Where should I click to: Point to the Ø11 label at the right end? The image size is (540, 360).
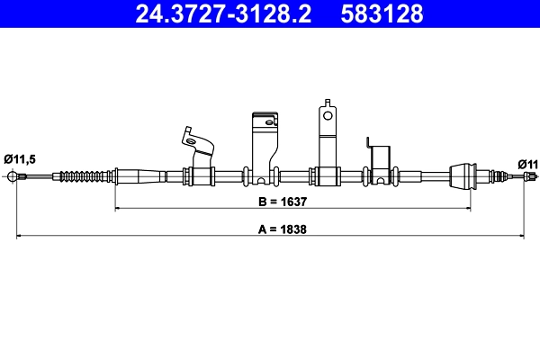click(x=527, y=163)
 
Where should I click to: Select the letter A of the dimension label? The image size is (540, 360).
click(x=263, y=229)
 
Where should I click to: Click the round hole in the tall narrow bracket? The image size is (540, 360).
click(x=328, y=115)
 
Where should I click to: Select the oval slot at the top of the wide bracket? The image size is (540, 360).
click(x=265, y=117)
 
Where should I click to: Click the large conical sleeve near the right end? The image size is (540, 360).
click(x=463, y=175)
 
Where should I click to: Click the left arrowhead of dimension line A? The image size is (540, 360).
click(x=21, y=237)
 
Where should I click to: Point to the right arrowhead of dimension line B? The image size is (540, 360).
click(x=468, y=209)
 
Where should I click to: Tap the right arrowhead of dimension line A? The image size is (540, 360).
click(x=525, y=237)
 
